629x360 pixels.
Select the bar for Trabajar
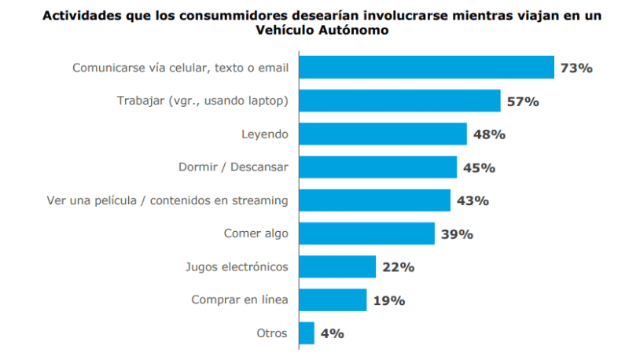399,101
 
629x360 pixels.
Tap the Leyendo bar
382,134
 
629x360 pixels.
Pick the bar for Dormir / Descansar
377,167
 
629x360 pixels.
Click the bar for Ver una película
373,200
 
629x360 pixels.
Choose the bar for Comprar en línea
332,299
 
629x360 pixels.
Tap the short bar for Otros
306,333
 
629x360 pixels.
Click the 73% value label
576,68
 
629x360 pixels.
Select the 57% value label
522,101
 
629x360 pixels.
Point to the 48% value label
488,134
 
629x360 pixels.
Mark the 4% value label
332,333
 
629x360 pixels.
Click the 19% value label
388,300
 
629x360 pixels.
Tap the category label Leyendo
264,134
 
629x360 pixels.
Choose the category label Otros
273,333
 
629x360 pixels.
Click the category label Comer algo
256,233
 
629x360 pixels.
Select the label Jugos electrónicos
236,266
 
